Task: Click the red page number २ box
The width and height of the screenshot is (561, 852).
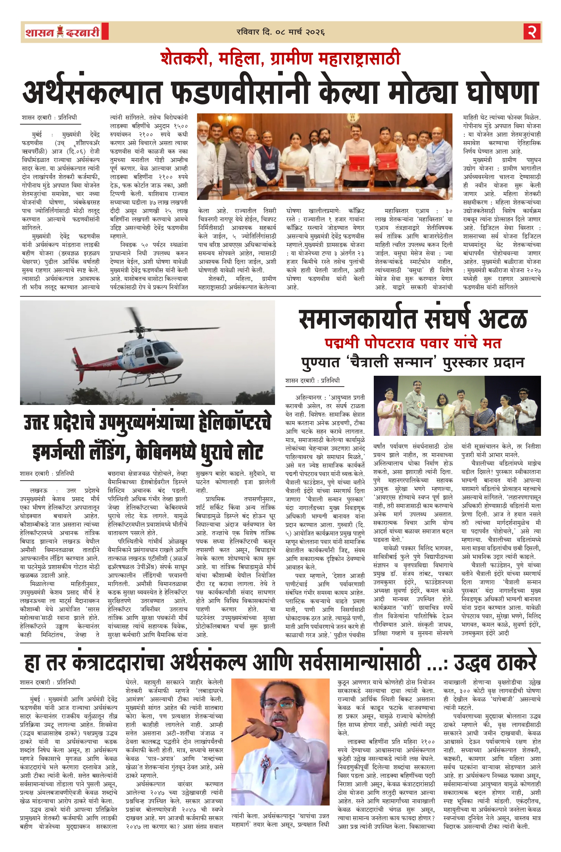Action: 532,32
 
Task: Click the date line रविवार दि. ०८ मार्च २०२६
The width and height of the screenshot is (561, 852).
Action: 280,32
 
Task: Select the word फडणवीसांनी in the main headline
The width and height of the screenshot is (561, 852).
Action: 240,92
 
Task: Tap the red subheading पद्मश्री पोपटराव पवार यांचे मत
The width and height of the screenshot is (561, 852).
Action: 413,343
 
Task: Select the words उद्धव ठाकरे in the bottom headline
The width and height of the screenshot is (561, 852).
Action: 496,663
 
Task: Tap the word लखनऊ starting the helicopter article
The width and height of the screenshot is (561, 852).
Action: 39,490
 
